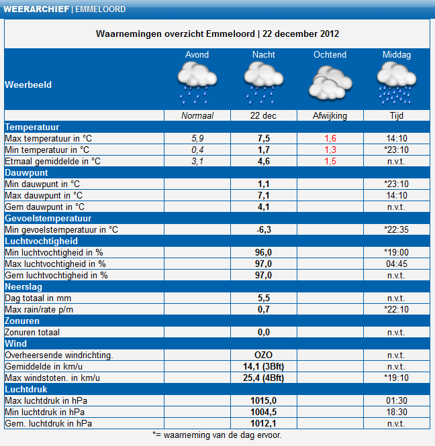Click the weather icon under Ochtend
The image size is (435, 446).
tap(330, 82)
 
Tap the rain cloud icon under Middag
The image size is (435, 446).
tap(397, 83)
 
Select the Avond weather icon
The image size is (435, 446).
tap(197, 83)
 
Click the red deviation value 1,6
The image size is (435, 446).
tap(330, 139)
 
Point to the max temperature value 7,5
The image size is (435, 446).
tap(264, 139)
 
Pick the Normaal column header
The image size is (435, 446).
tap(197, 116)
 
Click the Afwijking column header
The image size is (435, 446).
tap(330, 116)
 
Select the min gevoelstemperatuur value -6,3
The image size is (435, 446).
tap(264, 229)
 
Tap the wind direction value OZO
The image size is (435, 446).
tap(263, 355)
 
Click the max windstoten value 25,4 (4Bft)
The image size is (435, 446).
tap(263, 378)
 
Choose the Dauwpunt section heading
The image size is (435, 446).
tap(26, 172)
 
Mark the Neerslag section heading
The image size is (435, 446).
tap(23, 287)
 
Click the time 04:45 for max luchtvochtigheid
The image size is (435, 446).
tap(397, 264)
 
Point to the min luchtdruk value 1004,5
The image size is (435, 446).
tap(263, 412)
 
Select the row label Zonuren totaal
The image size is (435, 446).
tap(32, 332)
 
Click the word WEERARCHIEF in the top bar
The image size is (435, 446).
tap(36, 9)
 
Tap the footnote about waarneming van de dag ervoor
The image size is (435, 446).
tap(217, 435)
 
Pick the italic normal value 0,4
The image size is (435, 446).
tap(197, 150)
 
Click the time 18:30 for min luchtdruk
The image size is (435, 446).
tap(397, 412)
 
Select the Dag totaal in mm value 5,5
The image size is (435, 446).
tap(264, 298)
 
